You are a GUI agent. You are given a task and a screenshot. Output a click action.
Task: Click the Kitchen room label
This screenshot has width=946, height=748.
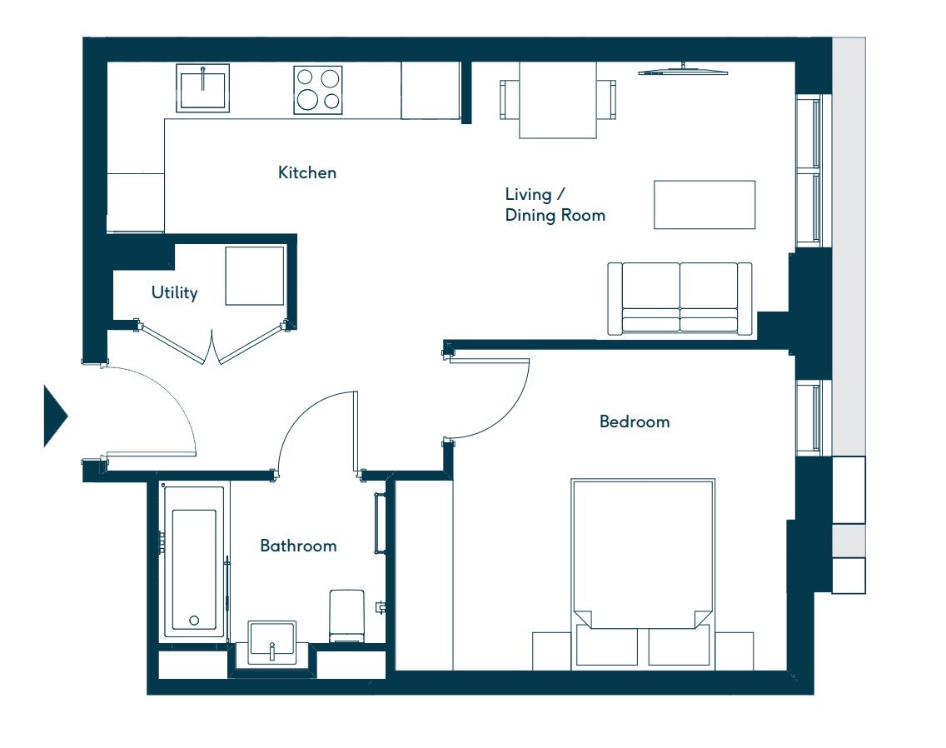pos(307,172)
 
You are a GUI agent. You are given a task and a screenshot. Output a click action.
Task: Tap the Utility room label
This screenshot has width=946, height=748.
pos(174,292)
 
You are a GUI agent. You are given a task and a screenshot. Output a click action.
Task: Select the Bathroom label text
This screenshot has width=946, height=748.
pos(298,546)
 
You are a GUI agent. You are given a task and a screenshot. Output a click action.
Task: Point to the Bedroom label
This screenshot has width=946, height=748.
pos(635,421)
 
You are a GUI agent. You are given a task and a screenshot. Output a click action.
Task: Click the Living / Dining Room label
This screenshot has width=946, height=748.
pos(555,205)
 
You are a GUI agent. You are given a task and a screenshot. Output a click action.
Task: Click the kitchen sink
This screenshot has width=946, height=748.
pos(202,88)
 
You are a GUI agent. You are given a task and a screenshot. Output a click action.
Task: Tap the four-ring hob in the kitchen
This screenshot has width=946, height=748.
pos(318,89)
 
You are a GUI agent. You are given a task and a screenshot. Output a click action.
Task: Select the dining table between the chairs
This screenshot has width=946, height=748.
pos(558,100)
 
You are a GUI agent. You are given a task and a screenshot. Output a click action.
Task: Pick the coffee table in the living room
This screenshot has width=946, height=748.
pos(705,204)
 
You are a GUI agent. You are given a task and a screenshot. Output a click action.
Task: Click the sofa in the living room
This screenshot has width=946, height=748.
pos(680,299)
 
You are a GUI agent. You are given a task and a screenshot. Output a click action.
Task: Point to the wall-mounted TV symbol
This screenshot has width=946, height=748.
pos(683,70)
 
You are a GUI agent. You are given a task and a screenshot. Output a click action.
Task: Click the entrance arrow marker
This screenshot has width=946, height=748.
pos(55,416)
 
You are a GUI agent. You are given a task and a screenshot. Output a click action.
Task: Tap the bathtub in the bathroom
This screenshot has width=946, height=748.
pos(194,561)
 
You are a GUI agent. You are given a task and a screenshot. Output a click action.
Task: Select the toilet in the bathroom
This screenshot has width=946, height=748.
pos(347,616)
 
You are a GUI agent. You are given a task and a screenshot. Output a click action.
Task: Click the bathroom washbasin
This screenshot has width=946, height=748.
pos(271,643)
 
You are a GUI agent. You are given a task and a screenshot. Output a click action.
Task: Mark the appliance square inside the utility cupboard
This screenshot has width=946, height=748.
pos(254,276)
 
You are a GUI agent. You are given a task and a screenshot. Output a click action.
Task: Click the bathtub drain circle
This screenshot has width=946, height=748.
pos(194,621)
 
